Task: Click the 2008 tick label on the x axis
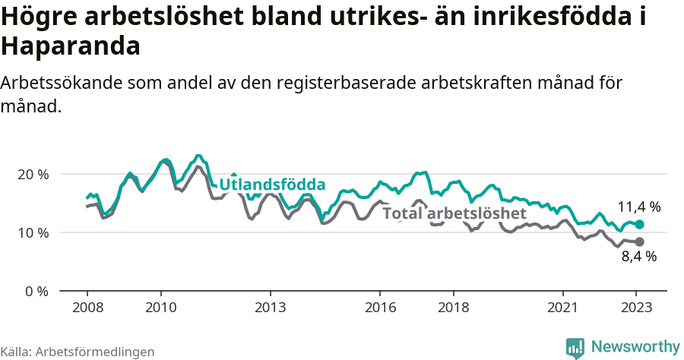(x=87, y=308)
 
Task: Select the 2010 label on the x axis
(x=160, y=308)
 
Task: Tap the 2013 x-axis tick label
(x=271, y=308)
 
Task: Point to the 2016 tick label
(x=381, y=308)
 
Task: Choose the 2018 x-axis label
(x=454, y=308)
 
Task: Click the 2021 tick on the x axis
(x=564, y=308)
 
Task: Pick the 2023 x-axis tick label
(x=637, y=308)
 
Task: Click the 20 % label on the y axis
(x=32, y=174)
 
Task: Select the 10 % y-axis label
(x=32, y=232)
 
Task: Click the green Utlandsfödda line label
(x=272, y=185)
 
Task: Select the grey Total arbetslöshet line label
(x=454, y=213)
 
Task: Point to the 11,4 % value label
(x=638, y=207)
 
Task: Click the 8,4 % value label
(x=638, y=257)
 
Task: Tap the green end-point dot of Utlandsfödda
(x=639, y=225)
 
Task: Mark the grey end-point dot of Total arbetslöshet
(x=639, y=242)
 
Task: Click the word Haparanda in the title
(x=71, y=46)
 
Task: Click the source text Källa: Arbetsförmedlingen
(x=78, y=352)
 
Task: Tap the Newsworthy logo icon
(x=575, y=348)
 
